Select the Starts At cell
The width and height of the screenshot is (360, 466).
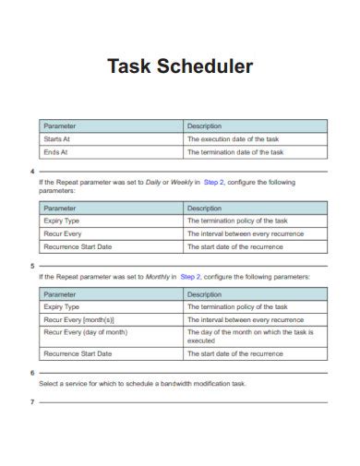click(57, 138)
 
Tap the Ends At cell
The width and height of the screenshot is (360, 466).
click(56, 152)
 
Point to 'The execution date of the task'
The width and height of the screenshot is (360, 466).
click(232, 138)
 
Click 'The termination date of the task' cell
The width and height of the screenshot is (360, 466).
click(234, 152)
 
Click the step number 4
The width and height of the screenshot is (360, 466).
click(32, 172)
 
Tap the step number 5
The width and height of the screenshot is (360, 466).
click(32, 266)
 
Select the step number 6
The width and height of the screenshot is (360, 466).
click(32, 372)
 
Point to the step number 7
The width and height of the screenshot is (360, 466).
click(32, 402)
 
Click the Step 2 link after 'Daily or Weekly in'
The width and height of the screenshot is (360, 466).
click(214, 183)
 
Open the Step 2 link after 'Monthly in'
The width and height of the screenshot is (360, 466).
click(190, 277)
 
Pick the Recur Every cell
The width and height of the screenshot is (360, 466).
click(63, 234)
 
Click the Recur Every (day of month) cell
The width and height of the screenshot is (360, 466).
click(86, 332)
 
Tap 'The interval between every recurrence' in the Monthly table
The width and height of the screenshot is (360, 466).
click(245, 319)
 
